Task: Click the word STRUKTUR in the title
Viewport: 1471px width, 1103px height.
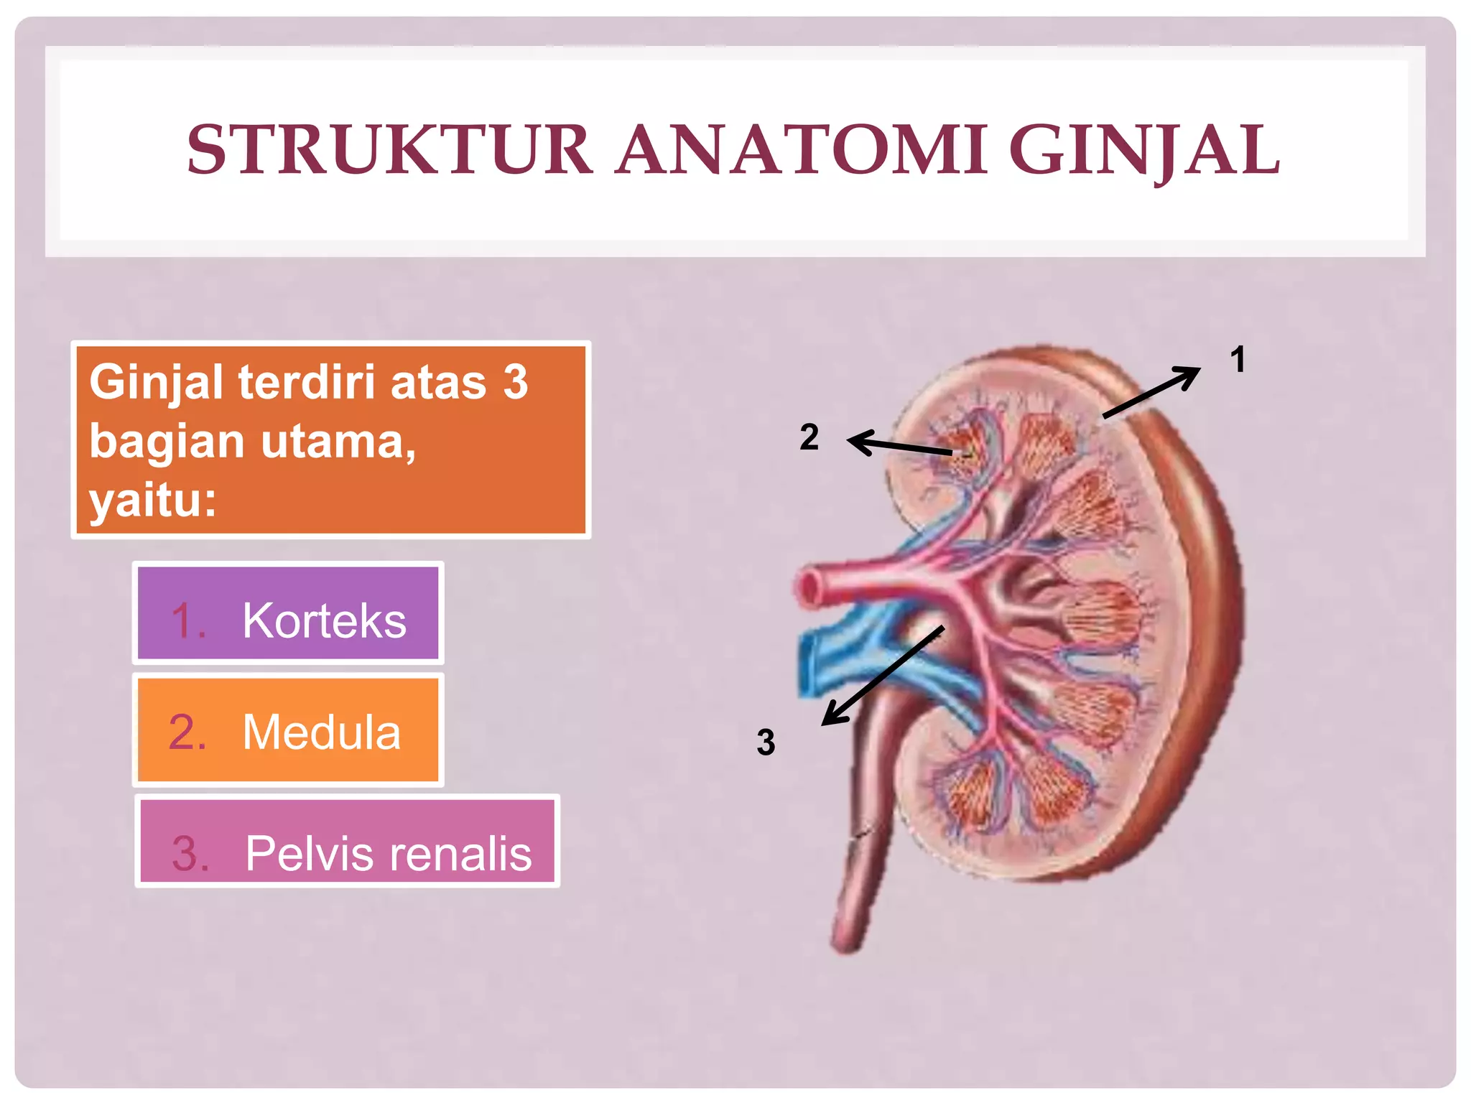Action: click(389, 150)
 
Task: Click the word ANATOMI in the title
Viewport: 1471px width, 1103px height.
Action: click(801, 150)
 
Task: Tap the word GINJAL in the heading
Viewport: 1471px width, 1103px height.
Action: click(1144, 150)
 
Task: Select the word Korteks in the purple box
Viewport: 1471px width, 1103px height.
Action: click(324, 620)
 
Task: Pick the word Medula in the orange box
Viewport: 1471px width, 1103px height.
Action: click(321, 732)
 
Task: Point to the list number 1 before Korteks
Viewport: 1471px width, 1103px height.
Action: click(188, 620)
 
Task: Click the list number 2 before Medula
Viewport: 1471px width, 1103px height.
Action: click(187, 732)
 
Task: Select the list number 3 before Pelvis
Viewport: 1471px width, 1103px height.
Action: click(190, 853)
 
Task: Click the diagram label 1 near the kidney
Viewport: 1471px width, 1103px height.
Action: click(1237, 359)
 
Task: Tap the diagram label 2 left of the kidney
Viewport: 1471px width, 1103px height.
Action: click(809, 437)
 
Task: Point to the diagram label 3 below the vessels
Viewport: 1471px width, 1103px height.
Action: click(766, 742)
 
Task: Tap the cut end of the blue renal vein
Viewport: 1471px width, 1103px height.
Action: click(810, 664)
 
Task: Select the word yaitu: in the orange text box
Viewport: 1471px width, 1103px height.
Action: click(152, 500)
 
